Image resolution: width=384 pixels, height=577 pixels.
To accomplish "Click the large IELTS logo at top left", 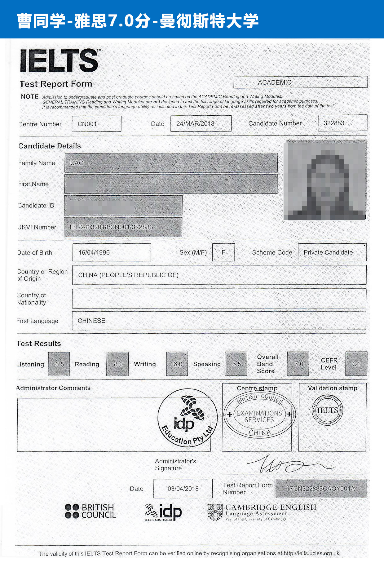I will pos(60,61).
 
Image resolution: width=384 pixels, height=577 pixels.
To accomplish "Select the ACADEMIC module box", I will pos(300,82).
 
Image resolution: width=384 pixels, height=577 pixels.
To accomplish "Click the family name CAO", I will pos(77,163).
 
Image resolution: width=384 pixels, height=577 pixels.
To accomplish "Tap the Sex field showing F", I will pos(223,253).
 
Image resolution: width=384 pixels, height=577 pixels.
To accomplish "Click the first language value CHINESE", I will pos(92,321).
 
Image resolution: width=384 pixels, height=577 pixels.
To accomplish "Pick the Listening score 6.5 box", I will pos(59,364).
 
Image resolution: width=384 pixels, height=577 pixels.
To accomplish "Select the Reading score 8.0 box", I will pos(118,364).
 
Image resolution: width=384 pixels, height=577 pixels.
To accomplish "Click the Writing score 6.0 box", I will pos(177,364).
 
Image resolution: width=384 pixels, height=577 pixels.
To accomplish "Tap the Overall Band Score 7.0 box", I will pos(298,364).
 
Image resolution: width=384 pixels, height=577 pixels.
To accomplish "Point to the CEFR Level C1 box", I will pos(356,364).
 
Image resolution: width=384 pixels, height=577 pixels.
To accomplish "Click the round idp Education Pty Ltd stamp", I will pos(187,418).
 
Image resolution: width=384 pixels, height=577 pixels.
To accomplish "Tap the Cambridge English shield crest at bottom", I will pos(215,512).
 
